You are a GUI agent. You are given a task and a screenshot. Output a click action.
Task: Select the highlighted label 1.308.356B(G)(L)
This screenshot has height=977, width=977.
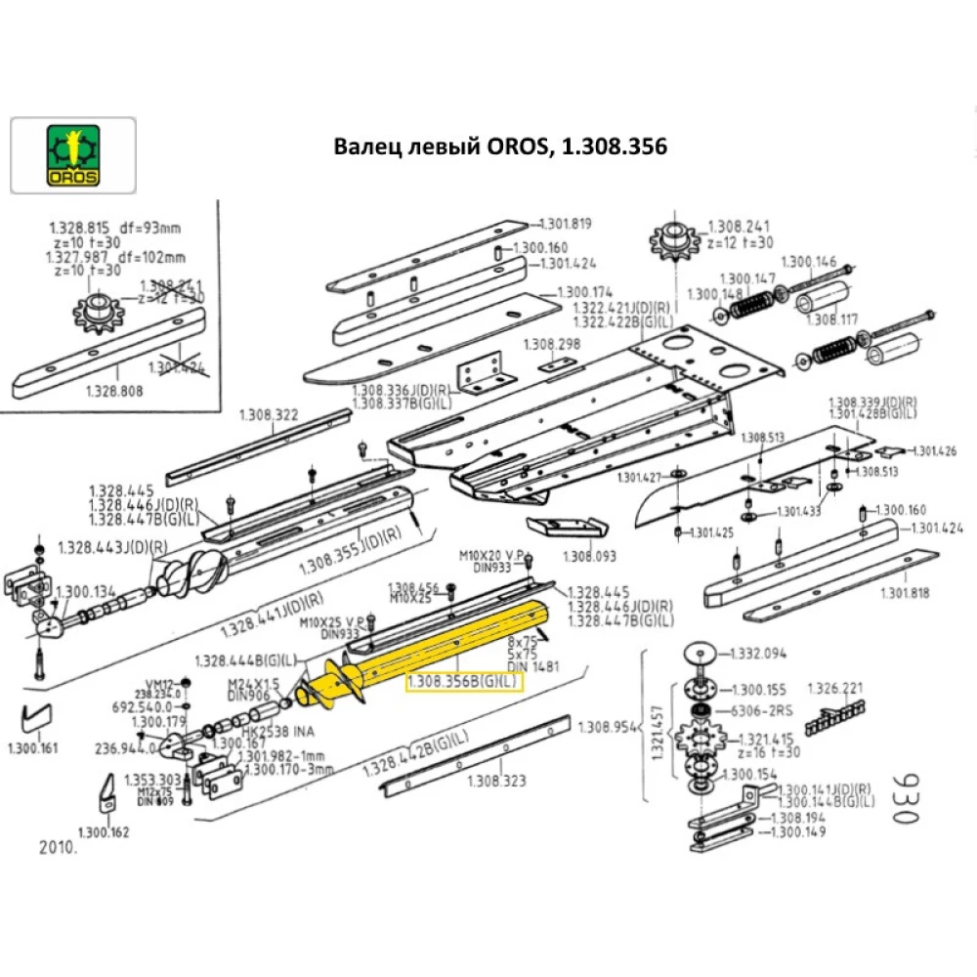465,681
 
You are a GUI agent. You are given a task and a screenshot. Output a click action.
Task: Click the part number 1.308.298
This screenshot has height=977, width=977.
552,344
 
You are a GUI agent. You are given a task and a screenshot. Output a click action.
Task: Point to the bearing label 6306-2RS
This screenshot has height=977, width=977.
767,711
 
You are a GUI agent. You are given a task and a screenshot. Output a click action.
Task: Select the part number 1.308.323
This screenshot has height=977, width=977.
497,780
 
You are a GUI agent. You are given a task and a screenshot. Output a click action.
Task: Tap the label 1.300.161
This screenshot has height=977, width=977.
32,748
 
